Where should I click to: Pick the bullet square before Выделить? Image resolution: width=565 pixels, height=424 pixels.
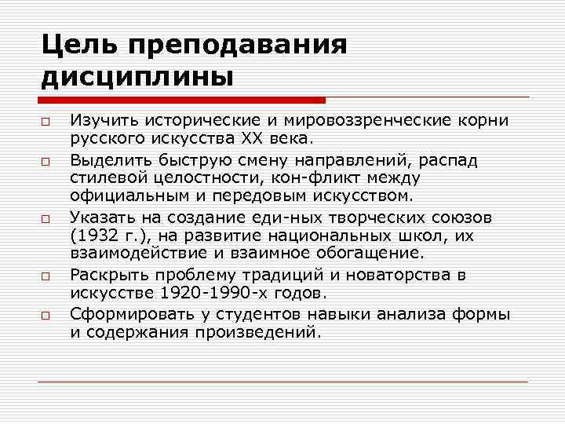(x=47, y=161)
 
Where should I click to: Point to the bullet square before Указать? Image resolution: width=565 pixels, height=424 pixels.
(x=47, y=217)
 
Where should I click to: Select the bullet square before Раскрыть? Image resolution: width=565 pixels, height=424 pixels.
(x=47, y=276)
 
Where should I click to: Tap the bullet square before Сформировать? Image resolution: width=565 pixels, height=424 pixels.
(x=47, y=314)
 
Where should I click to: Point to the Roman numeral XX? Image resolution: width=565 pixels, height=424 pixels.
(x=257, y=140)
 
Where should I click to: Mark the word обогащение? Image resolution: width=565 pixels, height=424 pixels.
(x=367, y=254)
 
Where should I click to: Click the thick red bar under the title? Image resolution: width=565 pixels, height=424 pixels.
(x=181, y=101)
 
